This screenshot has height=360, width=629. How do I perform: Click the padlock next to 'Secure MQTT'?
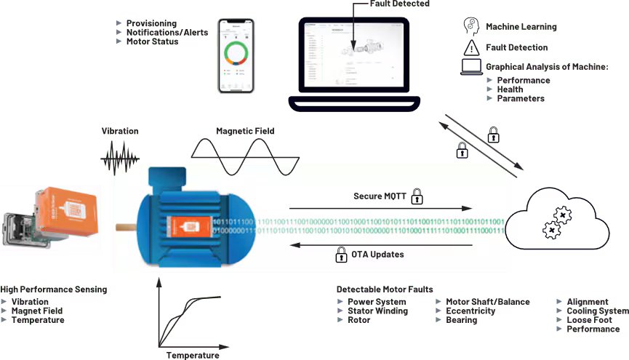(x=417, y=196)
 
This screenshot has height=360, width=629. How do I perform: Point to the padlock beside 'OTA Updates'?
(x=340, y=255)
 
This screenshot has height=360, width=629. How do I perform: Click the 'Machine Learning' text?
(x=521, y=27)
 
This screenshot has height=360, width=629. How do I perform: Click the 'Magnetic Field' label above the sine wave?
(x=244, y=132)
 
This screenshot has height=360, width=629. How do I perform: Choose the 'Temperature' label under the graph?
(x=192, y=355)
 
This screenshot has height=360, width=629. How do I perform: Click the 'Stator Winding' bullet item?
(x=377, y=311)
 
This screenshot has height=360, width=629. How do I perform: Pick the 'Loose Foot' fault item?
(x=589, y=320)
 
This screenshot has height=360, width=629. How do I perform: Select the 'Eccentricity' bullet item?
(x=470, y=311)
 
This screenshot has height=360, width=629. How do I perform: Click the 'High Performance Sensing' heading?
(x=54, y=289)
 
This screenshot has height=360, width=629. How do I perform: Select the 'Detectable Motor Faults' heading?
(x=385, y=289)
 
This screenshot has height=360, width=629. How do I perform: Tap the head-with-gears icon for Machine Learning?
(x=470, y=26)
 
